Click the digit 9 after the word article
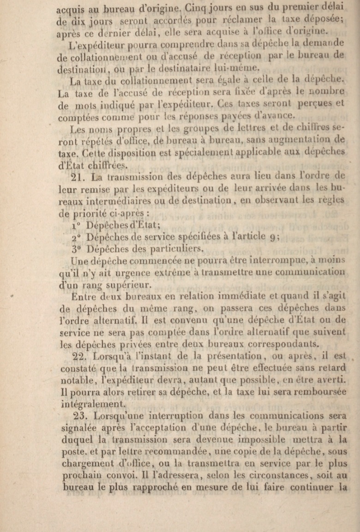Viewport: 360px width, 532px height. [x=272, y=237]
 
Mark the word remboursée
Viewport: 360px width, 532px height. [x=318, y=393]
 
